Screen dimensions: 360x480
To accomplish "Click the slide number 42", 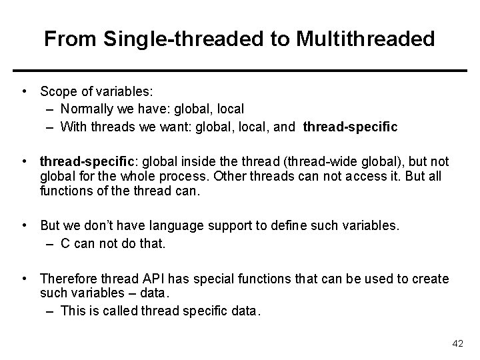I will pyautogui.click(x=457, y=343).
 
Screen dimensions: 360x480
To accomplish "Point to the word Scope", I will pyautogui.click(x=57, y=90).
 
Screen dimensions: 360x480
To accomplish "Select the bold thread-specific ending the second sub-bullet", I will pyautogui.click(x=350, y=125).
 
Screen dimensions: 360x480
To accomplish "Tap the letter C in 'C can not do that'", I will pyautogui.click(x=65, y=243).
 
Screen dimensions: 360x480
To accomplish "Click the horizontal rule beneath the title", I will pyautogui.click(x=240, y=70).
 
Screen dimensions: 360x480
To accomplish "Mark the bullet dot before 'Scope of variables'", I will pyautogui.click(x=24, y=90).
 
